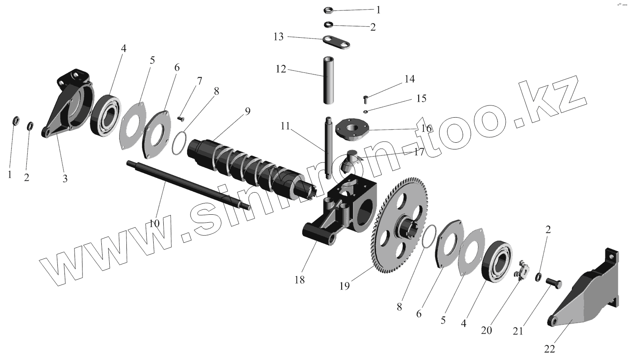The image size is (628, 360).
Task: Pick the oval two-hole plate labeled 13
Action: [336, 42]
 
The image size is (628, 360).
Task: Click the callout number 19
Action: [344, 286]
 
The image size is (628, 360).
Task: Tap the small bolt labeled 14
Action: [365, 99]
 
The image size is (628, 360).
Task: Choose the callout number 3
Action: [65, 179]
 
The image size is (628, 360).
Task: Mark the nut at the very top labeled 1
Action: [329, 10]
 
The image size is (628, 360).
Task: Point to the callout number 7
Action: [200, 81]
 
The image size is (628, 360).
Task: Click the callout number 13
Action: [278, 37]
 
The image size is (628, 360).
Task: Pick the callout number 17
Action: [419, 152]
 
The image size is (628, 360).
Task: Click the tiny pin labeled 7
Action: [181, 118]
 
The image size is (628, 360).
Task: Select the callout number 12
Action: [281, 69]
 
